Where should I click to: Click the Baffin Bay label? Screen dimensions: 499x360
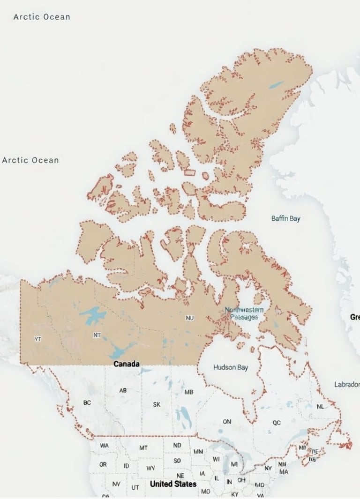point(286,219)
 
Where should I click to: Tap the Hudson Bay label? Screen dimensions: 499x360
point(231,367)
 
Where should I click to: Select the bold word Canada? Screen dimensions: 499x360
point(127,364)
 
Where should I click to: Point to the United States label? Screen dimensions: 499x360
point(173,484)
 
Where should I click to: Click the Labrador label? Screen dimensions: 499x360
point(347,384)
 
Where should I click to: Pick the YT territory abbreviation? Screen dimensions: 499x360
point(38,339)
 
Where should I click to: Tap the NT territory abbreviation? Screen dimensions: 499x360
point(97,335)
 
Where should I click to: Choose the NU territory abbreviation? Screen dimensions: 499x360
point(189,318)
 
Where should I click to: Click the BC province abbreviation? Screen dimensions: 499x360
point(87,402)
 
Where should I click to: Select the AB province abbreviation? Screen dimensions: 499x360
point(123,390)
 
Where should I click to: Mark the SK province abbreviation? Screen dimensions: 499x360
point(157,404)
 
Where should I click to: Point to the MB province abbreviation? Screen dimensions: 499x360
point(189,392)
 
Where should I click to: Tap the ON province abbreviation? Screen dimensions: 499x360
point(227,422)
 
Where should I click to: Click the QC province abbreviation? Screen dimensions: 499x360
point(277,423)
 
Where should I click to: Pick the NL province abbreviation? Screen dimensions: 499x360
point(320,407)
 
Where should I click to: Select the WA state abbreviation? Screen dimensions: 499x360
point(104,446)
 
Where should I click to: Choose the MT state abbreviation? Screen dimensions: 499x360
point(143,447)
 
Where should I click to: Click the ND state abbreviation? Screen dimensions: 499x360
point(177,445)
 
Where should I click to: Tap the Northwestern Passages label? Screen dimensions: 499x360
point(244,313)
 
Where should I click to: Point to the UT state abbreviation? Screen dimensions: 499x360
point(135,487)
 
